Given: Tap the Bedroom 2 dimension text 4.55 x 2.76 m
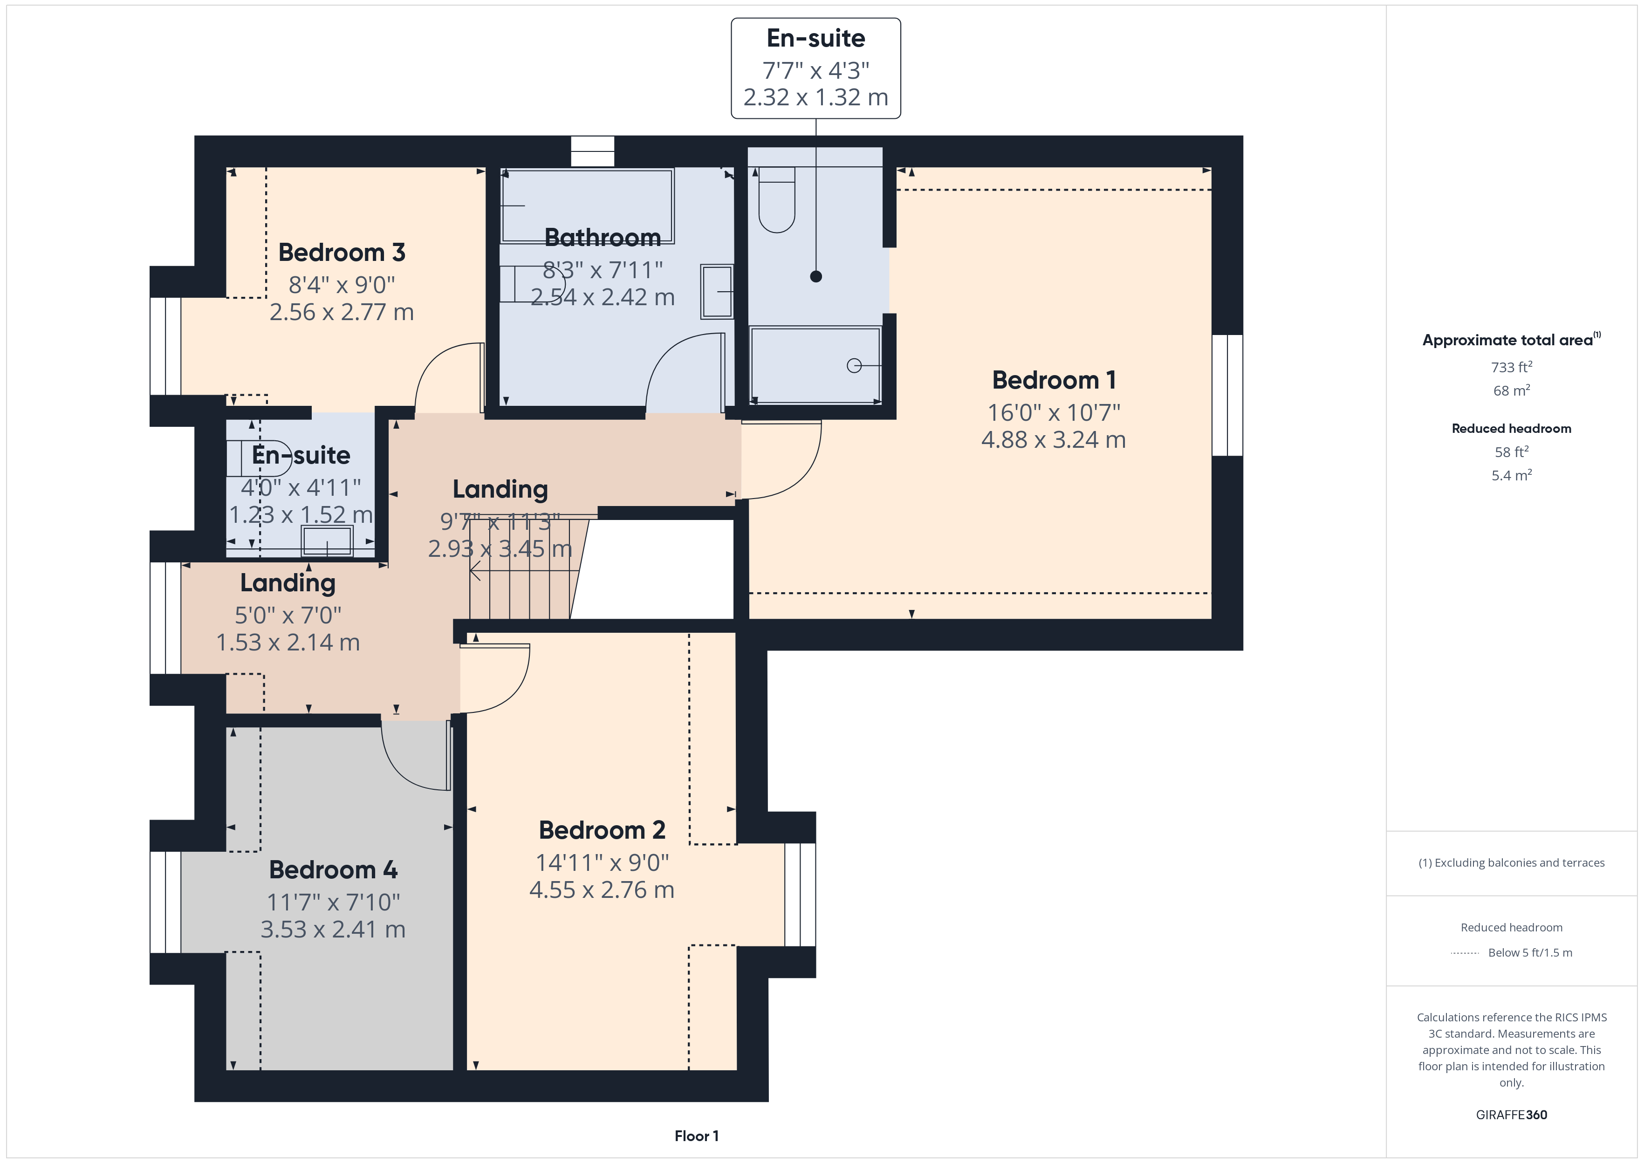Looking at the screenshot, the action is tap(602, 889).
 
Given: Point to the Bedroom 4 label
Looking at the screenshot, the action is tap(333, 869).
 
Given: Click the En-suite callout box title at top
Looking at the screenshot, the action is tap(815, 38).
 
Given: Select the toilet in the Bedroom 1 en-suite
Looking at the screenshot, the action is tap(777, 200).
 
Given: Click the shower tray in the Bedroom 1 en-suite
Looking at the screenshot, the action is tap(815, 365).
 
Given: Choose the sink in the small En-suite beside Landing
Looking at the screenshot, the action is tap(327, 540).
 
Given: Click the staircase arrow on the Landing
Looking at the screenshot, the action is tap(524, 571).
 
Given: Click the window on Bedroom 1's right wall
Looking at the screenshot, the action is tap(1227, 395).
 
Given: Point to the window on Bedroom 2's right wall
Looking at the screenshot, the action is tap(800, 895).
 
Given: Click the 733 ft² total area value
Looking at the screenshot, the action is tap(1512, 367).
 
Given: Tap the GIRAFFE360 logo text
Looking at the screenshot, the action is tap(1512, 1115).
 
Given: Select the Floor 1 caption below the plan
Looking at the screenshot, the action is tap(696, 1136).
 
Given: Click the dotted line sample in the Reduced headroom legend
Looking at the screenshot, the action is tap(1465, 953).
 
